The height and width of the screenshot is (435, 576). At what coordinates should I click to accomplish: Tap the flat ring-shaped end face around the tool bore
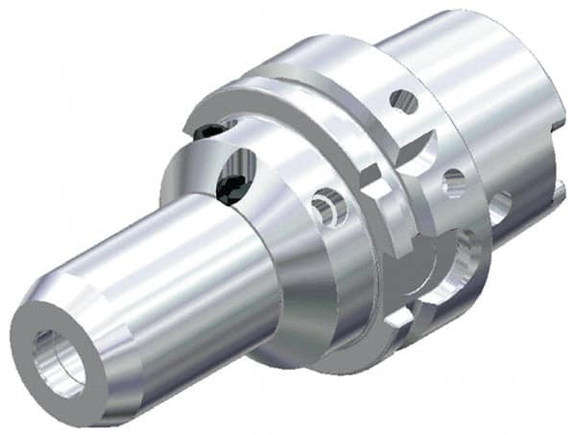(x=38, y=379)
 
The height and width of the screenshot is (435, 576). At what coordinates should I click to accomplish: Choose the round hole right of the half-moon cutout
(x=454, y=181)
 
